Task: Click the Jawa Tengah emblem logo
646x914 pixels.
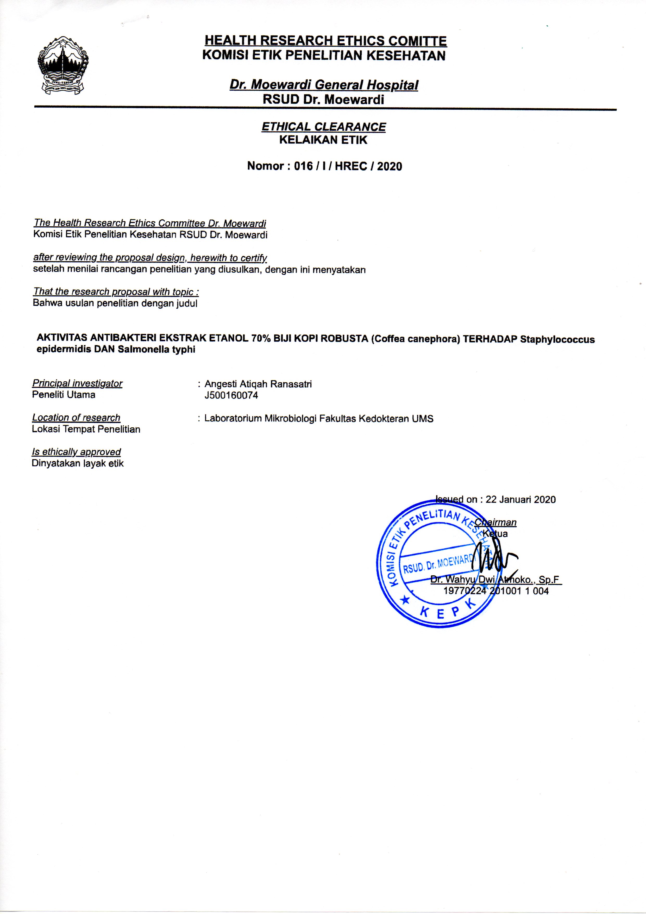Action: (x=63, y=66)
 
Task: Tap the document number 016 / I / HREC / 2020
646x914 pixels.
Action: (x=348, y=166)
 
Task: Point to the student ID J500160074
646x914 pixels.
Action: (x=231, y=395)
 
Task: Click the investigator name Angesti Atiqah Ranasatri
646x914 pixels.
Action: (x=258, y=384)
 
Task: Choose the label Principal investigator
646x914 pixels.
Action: (x=77, y=383)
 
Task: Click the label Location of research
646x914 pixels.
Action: (x=76, y=418)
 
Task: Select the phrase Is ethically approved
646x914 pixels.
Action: (x=77, y=452)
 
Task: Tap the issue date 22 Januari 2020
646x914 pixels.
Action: (x=520, y=500)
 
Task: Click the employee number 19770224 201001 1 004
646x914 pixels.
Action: (x=496, y=591)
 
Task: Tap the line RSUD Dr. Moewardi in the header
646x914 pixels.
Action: (x=323, y=100)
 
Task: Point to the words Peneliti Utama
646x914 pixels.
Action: (x=64, y=395)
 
